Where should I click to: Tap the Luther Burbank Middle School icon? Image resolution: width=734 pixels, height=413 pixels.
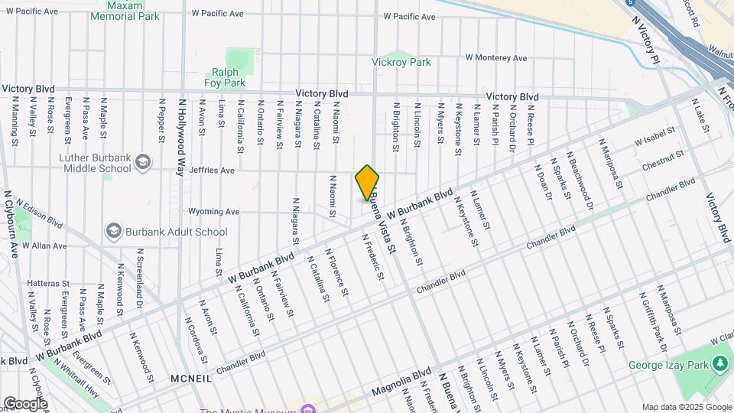click(x=142, y=161)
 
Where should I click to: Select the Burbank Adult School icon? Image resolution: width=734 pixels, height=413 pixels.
click(x=114, y=231)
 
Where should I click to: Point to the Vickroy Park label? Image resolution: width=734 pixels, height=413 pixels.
click(x=401, y=63)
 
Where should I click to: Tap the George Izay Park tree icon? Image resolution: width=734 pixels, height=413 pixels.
click(x=719, y=364)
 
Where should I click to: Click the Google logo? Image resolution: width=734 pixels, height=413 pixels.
click(x=25, y=404)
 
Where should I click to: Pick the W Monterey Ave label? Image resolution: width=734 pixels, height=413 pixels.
click(x=496, y=57)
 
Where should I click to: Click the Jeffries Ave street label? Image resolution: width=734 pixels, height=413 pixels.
click(x=212, y=171)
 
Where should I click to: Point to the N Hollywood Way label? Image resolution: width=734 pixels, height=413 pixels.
click(x=182, y=136)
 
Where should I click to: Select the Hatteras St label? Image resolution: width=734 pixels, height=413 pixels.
click(x=47, y=283)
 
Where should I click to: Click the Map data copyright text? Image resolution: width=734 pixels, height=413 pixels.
click(x=686, y=407)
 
